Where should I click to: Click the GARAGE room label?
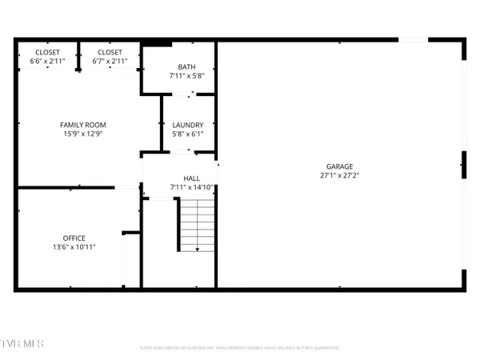(x=339, y=167)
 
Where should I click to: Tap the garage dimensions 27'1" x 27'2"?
(x=339, y=176)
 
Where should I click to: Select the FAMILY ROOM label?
(x=83, y=125)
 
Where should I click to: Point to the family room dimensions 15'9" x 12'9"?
(x=83, y=134)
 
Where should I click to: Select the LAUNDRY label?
(x=188, y=125)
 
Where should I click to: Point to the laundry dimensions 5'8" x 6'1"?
(x=188, y=134)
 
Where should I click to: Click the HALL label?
(x=191, y=178)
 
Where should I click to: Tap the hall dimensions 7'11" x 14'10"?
(x=191, y=188)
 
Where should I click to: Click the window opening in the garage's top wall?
(x=413, y=39)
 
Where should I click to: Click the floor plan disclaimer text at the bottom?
(x=240, y=348)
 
